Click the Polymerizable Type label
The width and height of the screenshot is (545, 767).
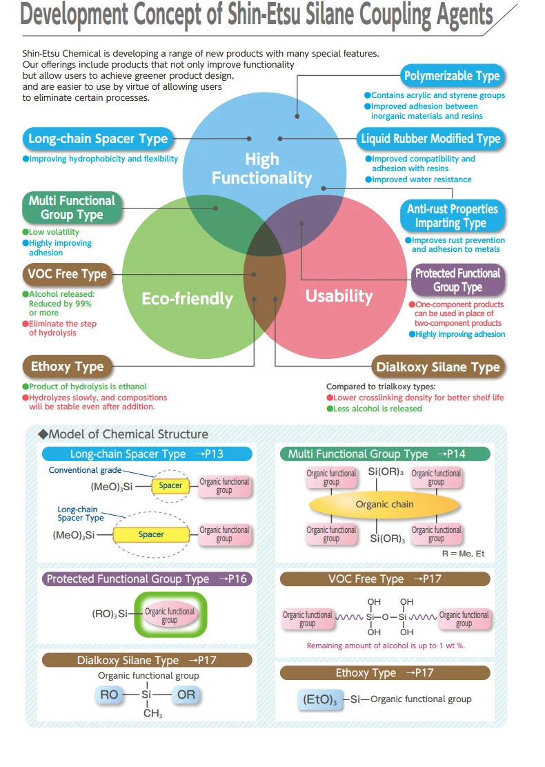452,76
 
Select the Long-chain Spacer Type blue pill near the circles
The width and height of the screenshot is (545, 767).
98,139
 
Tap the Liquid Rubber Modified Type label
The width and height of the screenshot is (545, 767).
430,139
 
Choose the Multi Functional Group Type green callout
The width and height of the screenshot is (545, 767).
72,207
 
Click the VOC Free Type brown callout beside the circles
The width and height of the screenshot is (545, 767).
68,274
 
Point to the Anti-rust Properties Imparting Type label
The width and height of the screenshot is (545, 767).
452,215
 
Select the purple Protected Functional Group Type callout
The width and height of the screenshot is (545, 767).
457,280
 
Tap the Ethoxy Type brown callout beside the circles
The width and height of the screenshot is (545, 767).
68,367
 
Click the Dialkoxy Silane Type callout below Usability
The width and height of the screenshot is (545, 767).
438,367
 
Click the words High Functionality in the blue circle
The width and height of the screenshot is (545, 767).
262,168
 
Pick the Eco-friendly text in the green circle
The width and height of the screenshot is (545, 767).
187,298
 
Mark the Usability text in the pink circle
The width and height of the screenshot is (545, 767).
339,296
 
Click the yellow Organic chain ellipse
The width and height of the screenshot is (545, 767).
384,505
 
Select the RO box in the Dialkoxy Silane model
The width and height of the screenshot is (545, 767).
109,695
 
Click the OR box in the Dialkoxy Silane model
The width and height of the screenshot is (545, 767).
186,695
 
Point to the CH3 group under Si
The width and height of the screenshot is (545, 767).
152,713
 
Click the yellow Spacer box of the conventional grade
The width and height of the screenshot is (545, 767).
170,486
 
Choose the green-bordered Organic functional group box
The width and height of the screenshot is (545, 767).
170,615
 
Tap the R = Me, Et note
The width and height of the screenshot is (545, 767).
464,554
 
